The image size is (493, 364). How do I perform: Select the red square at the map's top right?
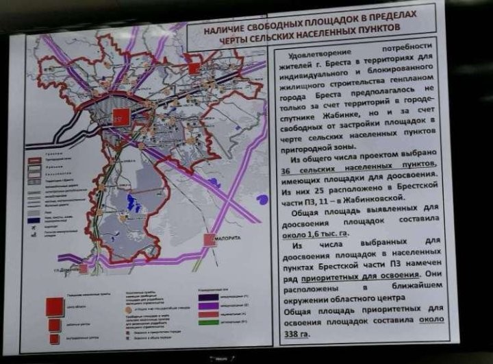pyautogui.click(x=194, y=69)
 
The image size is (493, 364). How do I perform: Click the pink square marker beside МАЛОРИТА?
pyautogui.click(x=210, y=239)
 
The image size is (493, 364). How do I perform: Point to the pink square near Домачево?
pyautogui.click(x=83, y=269)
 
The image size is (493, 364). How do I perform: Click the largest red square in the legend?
pyautogui.click(x=55, y=306)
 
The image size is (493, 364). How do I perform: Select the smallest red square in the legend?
pyautogui.click(x=54, y=338)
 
